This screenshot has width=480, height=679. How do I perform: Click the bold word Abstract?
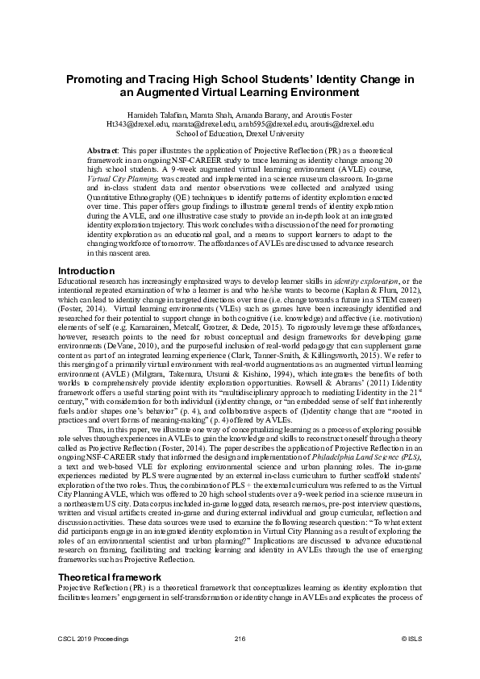tap(102, 151)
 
